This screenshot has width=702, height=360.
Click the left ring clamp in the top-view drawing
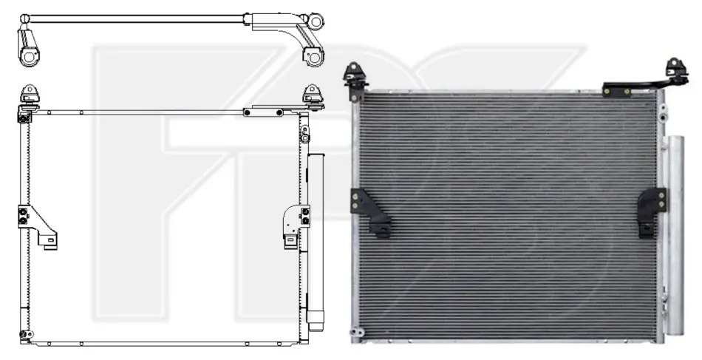click(x=29, y=58)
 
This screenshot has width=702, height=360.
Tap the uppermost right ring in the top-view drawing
click(x=316, y=21)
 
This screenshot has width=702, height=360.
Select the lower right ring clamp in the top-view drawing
click(x=314, y=57)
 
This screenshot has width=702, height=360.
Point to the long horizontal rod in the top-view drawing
click(x=134, y=18)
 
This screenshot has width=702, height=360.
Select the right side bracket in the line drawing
click(x=296, y=226)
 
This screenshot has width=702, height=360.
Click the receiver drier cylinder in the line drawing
click(x=316, y=242)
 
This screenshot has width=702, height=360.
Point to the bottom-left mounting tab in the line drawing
click(x=26, y=334)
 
